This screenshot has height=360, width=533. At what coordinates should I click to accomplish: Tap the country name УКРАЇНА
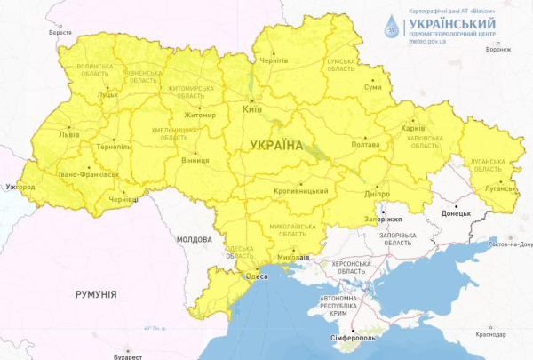(276, 144)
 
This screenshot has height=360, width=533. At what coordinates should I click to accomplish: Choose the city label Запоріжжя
(383, 219)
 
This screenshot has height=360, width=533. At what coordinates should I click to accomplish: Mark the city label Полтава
(366, 143)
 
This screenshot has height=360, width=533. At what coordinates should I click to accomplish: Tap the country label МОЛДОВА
(195, 240)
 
